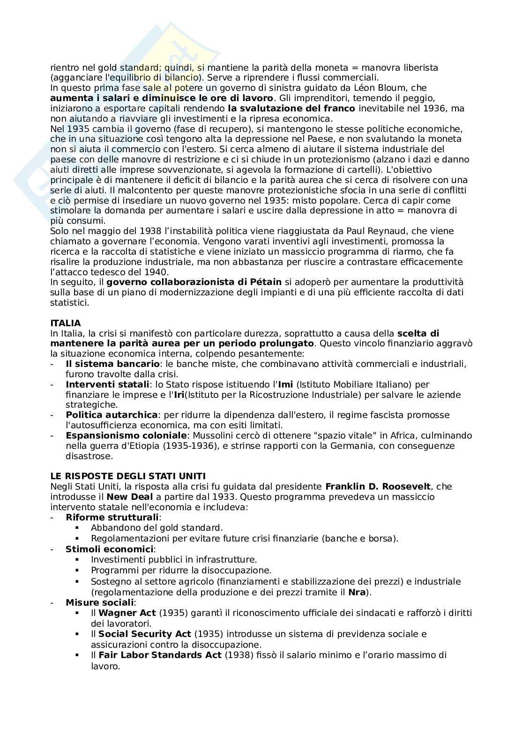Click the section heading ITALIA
[x=66, y=323]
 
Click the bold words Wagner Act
[x=127, y=613]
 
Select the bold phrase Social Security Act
[x=145, y=634]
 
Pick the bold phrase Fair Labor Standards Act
[x=160, y=655]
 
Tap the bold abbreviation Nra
[x=357, y=593]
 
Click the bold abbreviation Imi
[x=285, y=385]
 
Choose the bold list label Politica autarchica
[x=112, y=415]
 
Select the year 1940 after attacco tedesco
[x=158, y=272]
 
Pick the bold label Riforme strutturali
[x=113, y=518]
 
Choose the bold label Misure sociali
[x=100, y=603]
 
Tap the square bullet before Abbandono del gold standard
[x=78, y=528]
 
